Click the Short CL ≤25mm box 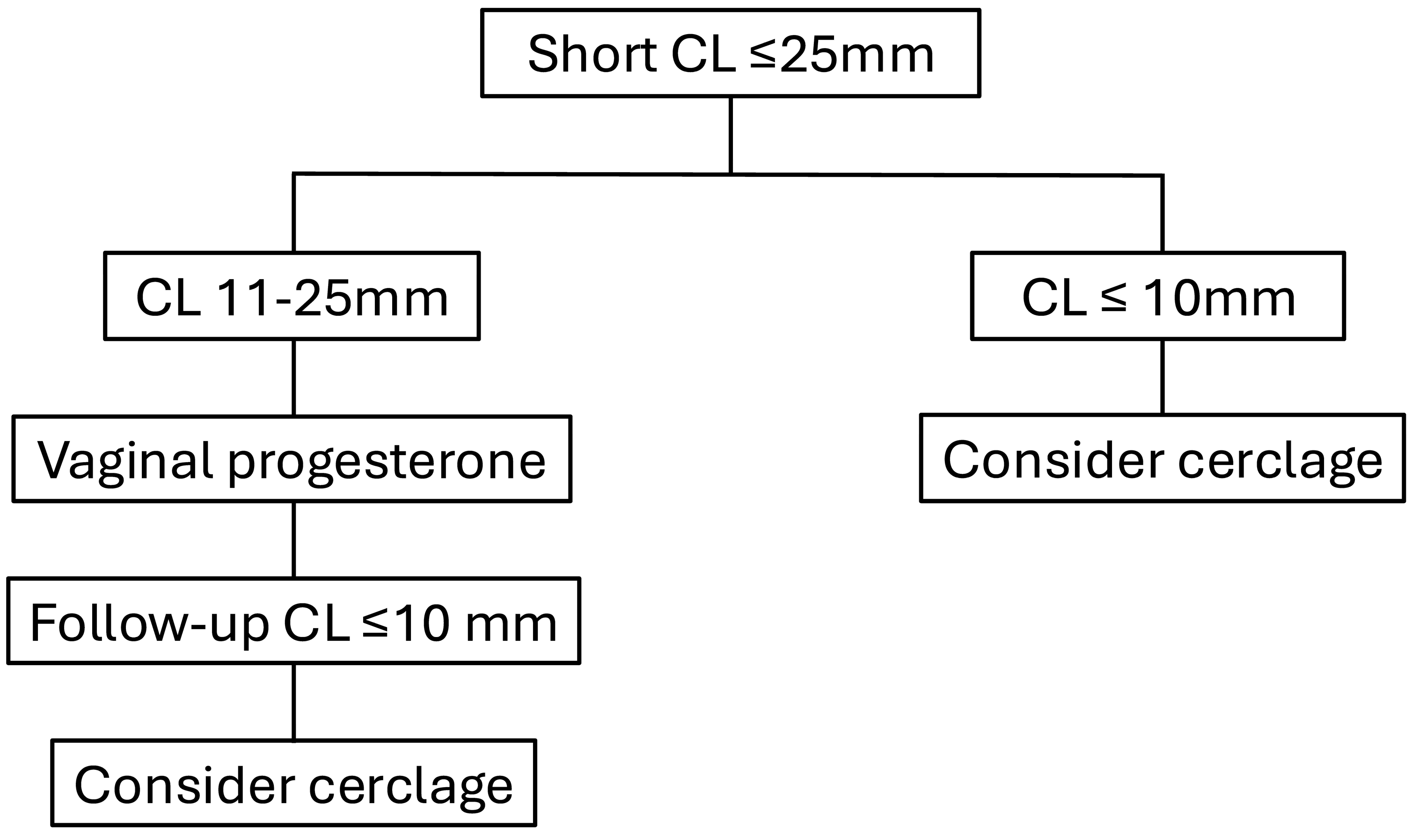pos(730,53)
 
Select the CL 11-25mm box pos(292,296)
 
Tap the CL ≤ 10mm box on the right pos(1157,296)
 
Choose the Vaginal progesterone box pos(292,459)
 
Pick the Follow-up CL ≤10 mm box pos(293,621)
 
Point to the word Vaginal pos(124,460)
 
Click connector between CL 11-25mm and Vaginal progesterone pos(294,377)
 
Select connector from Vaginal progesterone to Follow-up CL pos(294,539)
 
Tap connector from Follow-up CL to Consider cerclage pos(294,702)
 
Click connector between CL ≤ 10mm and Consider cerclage pos(1162,377)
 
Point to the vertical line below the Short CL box pos(730,135)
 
